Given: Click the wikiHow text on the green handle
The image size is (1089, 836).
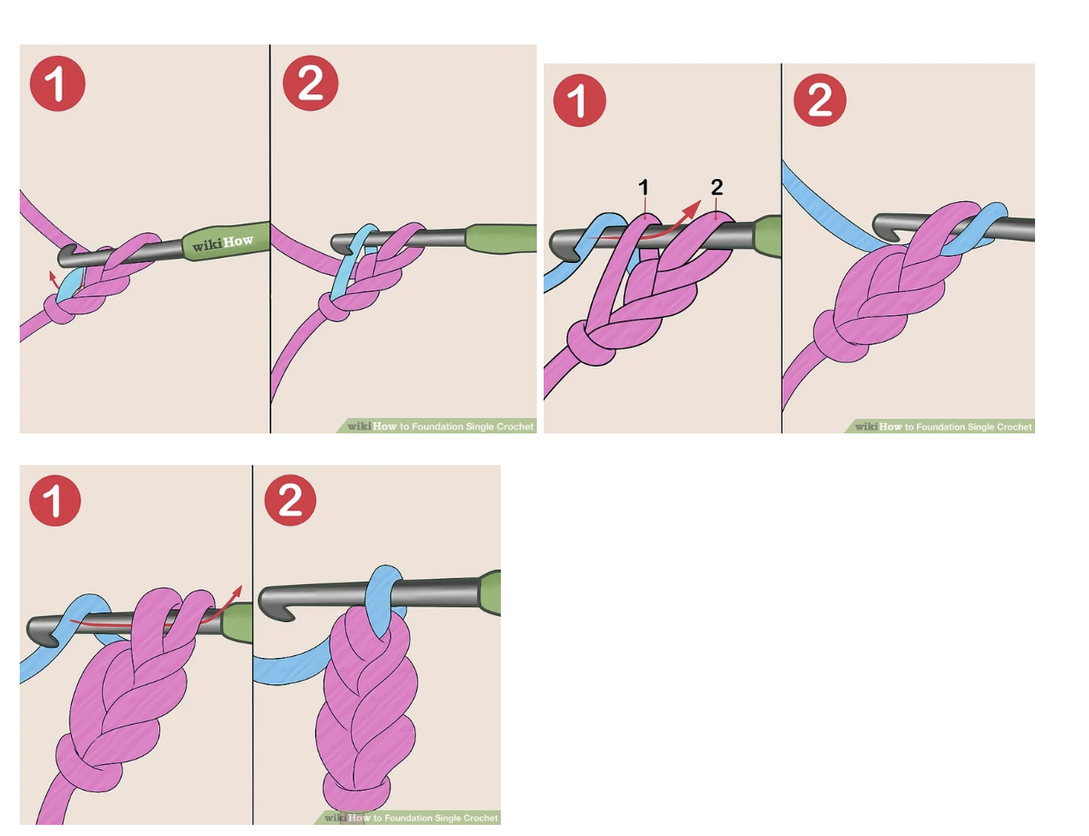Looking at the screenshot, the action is click(223, 243).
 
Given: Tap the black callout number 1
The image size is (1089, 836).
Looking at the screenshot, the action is click(644, 188).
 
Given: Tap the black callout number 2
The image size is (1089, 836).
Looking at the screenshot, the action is click(717, 188).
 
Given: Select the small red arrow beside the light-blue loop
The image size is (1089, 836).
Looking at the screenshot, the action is click(52, 280).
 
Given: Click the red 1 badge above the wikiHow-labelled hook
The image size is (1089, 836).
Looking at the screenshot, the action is click(57, 83).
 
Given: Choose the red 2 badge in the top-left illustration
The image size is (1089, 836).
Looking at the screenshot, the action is click(310, 83).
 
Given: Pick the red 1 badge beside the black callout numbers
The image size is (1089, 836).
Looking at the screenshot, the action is click(580, 100).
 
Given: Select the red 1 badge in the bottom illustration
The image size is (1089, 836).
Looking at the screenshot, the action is click(55, 500).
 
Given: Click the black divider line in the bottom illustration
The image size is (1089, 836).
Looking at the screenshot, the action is click(253, 644).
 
